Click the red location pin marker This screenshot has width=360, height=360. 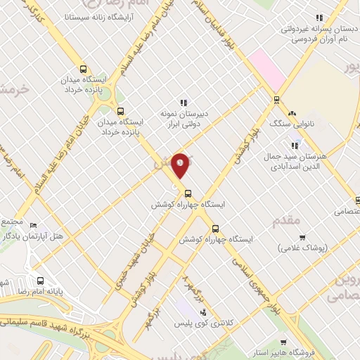[x=181, y=165]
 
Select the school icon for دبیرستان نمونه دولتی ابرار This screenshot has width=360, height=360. [x=184, y=103]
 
